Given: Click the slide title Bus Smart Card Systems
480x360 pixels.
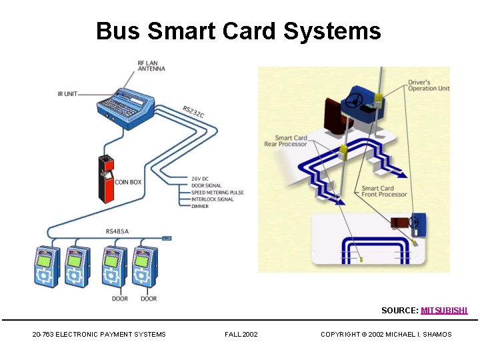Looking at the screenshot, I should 239,31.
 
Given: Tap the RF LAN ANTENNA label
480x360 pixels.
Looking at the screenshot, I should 151,65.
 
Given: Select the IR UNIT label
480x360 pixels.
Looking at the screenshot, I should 67,94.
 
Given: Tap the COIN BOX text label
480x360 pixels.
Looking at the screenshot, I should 128,182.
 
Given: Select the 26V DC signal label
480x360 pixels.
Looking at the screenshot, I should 201,179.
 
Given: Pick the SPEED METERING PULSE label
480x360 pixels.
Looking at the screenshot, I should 217,193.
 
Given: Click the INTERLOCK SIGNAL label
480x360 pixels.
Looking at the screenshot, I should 212,199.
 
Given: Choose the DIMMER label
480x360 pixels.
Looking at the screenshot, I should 200,206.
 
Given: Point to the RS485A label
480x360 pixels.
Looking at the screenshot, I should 117,231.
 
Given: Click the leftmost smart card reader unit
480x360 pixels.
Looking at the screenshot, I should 48,267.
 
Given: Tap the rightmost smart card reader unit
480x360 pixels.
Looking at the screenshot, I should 145,267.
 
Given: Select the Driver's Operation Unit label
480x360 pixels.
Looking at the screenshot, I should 429,85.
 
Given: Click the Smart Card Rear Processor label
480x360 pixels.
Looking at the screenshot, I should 286,141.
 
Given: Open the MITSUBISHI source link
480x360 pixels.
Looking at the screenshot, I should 444,311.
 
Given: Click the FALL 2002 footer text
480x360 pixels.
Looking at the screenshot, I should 241,335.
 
